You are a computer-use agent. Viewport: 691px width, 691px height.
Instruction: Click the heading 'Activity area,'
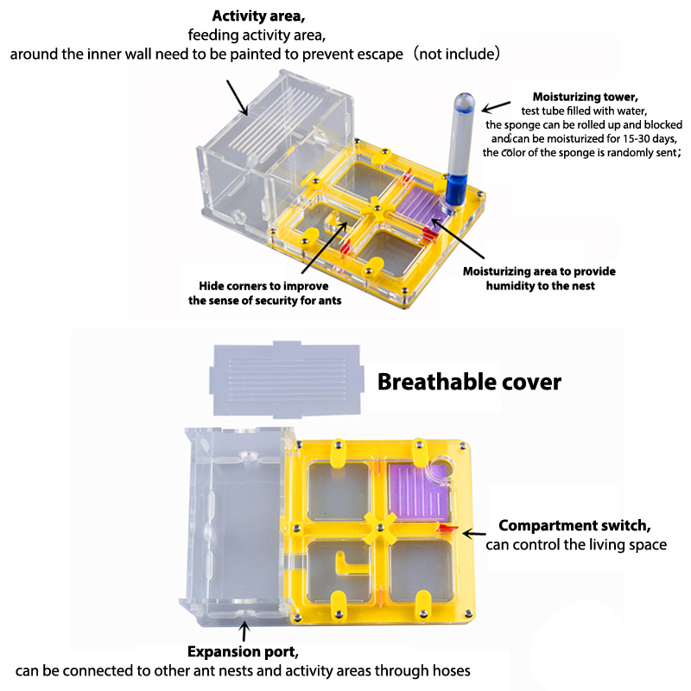pyautogui.click(x=258, y=16)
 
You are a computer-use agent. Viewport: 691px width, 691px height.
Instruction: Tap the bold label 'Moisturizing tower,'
pyautogui.click(x=586, y=97)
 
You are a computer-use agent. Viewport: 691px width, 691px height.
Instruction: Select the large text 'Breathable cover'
pyautogui.click(x=469, y=382)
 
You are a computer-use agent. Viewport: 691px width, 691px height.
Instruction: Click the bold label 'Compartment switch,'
pyautogui.click(x=574, y=525)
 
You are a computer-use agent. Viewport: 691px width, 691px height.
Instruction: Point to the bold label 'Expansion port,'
pyautogui.click(x=243, y=651)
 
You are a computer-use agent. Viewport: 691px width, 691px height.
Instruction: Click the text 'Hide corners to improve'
pyautogui.click(x=263, y=286)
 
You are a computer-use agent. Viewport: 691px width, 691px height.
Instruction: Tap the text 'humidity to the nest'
pyautogui.click(x=541, y=286)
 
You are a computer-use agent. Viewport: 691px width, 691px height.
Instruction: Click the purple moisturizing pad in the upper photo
pyautogui.click(x=419, y=205)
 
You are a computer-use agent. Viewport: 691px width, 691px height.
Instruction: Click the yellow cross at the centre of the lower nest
pyautogui.click(x=380, y=528)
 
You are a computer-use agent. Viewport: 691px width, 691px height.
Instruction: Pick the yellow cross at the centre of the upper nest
pyautogui.click(x=376, y=209)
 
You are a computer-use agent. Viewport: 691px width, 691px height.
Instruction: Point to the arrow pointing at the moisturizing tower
pyautogui.click(x=496, y=106)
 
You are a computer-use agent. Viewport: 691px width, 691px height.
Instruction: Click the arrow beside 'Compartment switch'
pyautogui.click(x=473, y=534)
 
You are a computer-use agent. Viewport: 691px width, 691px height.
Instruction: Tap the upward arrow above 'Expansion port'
pyautogui.click(x=244, y=631)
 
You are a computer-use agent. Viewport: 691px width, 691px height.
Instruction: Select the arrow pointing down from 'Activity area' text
pyautogui.click(x=237, y=98)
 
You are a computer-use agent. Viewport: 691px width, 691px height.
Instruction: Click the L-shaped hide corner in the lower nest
pyautogui.click(x=349, y=566)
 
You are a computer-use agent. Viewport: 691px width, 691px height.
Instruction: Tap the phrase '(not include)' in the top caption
pyautogui.click(x=456, y=54)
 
